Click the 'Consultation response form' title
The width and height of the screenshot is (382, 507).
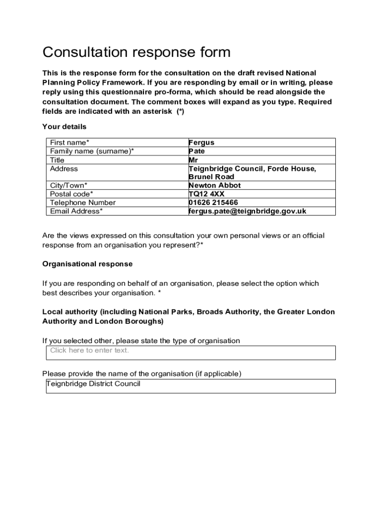pos(136,52)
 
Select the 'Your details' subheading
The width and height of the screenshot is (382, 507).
pos(64,127)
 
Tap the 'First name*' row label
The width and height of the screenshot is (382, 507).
pos(69,143)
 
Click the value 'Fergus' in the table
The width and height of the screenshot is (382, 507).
pos(201,143)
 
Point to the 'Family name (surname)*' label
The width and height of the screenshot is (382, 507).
pos(92,151)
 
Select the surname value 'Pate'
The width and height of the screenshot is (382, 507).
pos(196,151)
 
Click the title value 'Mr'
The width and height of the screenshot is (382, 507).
pos(193,160)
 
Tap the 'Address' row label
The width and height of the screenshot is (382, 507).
pos(64,168)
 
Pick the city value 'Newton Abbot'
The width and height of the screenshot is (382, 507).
pos(214,185)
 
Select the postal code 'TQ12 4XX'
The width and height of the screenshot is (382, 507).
pos(206,194)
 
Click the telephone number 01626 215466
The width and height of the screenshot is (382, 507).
pos(213,203)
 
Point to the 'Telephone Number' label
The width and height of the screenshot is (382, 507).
pos(82,203)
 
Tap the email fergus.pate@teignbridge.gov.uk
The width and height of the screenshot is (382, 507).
pos(247,211)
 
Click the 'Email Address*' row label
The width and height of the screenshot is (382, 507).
pos(76,211)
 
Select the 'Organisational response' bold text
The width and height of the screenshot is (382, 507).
pos(87,264)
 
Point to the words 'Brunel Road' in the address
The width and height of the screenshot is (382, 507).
pos(211,177)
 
